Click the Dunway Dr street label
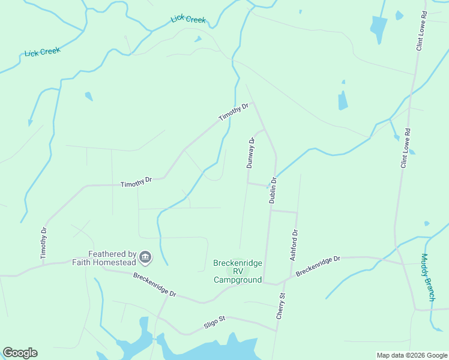pos(251,153)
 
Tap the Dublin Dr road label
pos(273,190)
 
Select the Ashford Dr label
pos(294,245)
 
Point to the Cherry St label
pos(280,305)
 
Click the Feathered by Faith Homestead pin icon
pos(145,258)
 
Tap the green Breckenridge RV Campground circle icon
pos(238,271)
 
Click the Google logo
pos(20,353)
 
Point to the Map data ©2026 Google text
pos(412,355)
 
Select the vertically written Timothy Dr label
pos(43,244)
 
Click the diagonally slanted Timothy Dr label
pos(234,112)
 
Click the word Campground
pos(238,280)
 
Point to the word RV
pos(238,271)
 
